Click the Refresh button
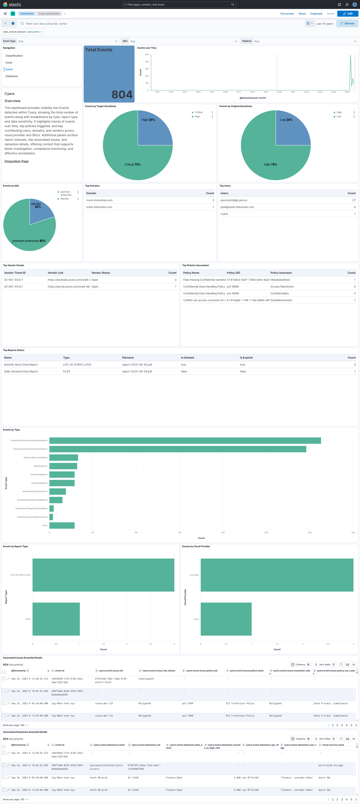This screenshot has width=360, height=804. [347, 23]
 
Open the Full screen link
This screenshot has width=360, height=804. [287, 14]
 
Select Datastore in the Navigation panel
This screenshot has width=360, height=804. [12, 76]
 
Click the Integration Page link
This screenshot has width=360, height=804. [16, 161]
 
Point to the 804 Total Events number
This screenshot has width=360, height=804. [122, 94]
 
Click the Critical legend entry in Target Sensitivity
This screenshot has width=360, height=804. [198, 112]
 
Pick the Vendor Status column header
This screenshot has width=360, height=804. [100, 273]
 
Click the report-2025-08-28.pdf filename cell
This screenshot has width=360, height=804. [137, 371]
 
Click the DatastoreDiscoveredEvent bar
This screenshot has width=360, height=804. [64, 458]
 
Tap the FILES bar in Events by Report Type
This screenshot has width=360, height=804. [56, 619]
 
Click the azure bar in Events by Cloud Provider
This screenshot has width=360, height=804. [226, 619]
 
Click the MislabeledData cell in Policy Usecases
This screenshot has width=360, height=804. [280, 280]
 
